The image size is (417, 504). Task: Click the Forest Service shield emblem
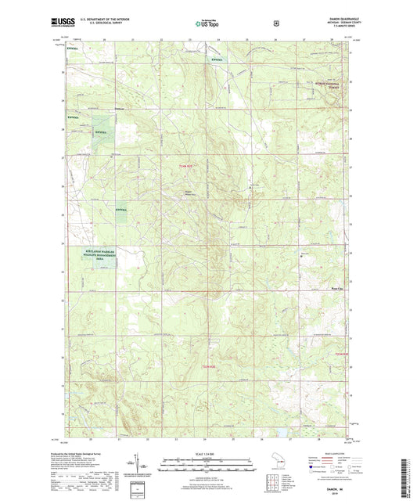pyautogui.click(x=275, y=23)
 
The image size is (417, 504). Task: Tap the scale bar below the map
pyautogui.click(x=208, y=464)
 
